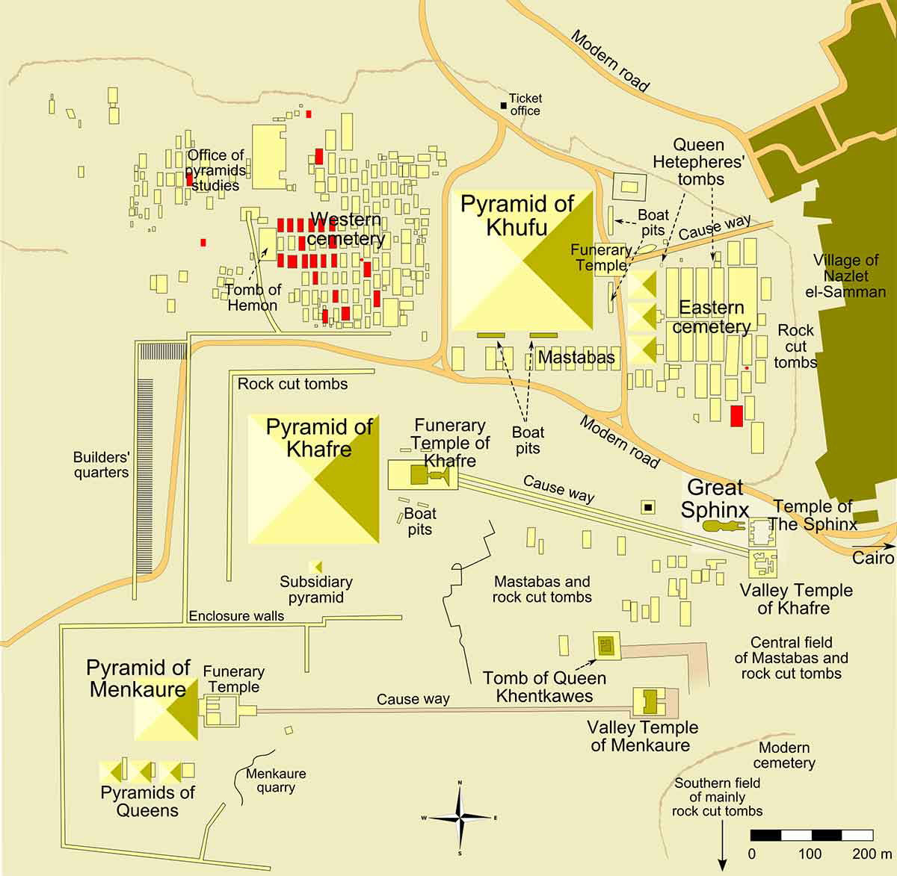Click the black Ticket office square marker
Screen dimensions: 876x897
(x=504, y=105)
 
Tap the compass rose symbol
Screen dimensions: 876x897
(x=460, y=817)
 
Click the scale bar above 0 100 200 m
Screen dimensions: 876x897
(x=811, y=835)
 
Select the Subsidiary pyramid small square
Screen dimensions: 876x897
(x=315, y=568)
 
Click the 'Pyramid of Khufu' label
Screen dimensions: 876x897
(x=517, y=215)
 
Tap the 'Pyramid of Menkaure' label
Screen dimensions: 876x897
(x=138, y=678)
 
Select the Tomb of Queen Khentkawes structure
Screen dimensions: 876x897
(x=606, y=644)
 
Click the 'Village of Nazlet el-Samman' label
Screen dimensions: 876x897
(x=845, y=276)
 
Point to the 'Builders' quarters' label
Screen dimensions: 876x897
(x=101, y=465)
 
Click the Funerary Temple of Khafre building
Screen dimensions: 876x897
(x=423, y=475)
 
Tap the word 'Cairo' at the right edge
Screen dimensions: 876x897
(x=873, y=559)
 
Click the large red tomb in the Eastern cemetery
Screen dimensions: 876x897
(x=736, y=415)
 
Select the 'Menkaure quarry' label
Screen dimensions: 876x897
(x=276, y=780)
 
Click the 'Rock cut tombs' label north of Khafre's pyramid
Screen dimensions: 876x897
(x=292, y=384)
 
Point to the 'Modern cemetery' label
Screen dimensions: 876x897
(x=784, y=755)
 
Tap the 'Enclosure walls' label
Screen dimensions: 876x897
(x=236, y=616)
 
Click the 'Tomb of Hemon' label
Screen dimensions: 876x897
(x=253, y=297)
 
